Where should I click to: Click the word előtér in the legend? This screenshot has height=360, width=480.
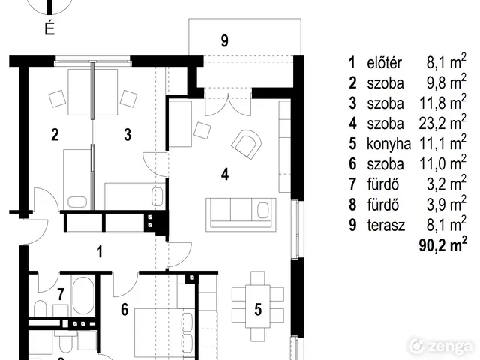[384, 63]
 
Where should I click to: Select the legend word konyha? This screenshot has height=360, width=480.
[388, 144]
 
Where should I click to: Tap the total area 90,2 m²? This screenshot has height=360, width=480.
[443, 245]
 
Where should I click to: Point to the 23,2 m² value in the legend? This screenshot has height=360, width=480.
[442, 123]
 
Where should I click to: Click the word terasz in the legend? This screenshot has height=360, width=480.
[386, 225]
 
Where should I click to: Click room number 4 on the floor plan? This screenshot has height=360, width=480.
[225, 175]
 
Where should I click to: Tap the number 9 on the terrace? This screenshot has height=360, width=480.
[225, 41]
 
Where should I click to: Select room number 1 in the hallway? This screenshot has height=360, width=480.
[99, 252]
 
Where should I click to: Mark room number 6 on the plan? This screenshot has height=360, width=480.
[124, 310]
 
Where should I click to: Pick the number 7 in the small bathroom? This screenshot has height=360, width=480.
[61, 294]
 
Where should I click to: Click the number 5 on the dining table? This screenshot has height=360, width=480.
[258, 310]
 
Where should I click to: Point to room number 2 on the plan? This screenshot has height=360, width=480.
[55, 135]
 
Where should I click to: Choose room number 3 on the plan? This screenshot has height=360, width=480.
[127, 135]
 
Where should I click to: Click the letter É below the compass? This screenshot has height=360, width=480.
[49, 28]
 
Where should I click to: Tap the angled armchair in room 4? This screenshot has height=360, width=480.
[247, 144]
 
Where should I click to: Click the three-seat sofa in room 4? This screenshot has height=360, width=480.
[241, 213]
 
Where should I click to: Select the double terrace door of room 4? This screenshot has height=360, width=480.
[228, 102]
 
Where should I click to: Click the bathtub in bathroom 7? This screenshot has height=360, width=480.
[83, 295]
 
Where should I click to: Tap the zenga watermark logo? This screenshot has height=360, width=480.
[441, 346]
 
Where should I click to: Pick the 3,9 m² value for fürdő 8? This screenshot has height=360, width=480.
[447, 204]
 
